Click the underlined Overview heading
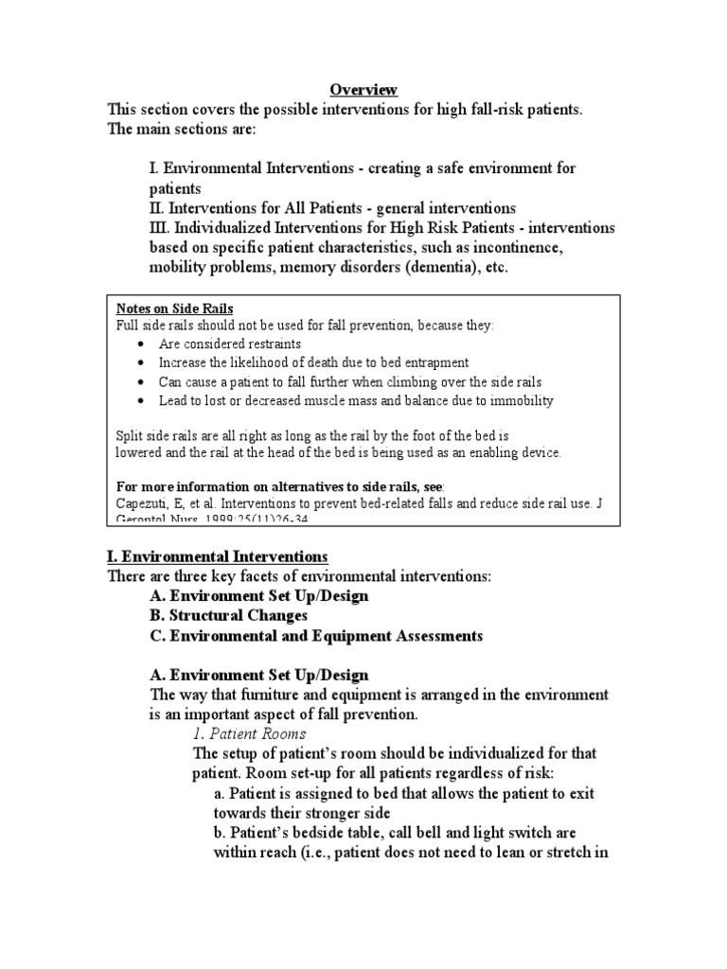pos(364,90)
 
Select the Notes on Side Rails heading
pos(174,308)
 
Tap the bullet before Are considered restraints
pos(141,344)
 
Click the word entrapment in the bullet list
pos(434,362)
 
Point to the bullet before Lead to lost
pos(141,400)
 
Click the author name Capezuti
pos(144,504)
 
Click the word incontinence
pos(515,248)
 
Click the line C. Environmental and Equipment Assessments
pos(316,636)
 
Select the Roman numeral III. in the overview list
pos(162,228)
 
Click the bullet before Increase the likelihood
pos(141,362)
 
